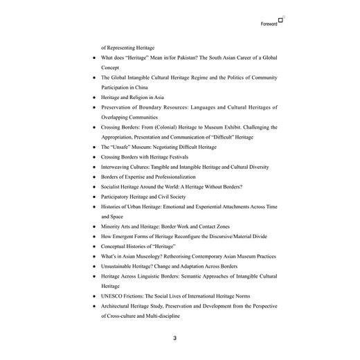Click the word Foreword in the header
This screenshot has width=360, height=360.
tap(269, 24)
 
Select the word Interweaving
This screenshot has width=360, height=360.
tap(119, 167)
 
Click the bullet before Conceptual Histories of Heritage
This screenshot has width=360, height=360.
tap(93, 246)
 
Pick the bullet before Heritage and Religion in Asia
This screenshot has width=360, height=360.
tap(93, 98)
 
